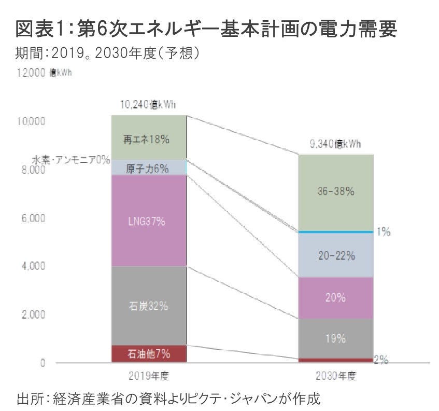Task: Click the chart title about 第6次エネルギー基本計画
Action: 206,30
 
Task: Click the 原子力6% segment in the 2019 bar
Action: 149,168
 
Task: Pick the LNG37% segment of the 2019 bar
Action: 149,221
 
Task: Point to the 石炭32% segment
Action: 149,306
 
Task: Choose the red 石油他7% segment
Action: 149,354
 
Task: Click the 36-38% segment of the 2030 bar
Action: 335,191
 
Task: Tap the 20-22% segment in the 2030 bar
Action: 335,255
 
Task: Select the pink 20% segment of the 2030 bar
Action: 335,298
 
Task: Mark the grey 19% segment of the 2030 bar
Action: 335,338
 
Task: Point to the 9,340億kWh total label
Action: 335,144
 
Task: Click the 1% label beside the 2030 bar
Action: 384,232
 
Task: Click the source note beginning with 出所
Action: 168,399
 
